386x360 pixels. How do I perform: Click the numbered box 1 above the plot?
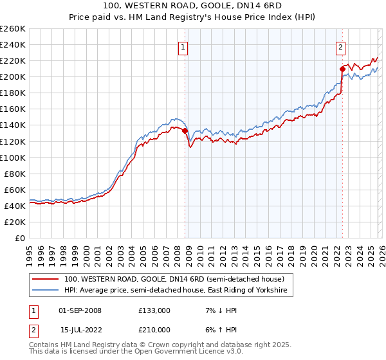click(183, 46)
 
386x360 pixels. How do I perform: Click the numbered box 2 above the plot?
click(340, 46)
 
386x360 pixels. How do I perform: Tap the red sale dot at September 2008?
click(185, 130)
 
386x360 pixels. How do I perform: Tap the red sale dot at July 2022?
click(342, 68)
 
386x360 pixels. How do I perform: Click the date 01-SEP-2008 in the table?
click(80, 310)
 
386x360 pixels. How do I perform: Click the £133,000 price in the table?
click(154, 310)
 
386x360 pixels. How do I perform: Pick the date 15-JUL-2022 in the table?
click(80, 330)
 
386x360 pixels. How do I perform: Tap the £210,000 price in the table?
click(154, 330)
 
